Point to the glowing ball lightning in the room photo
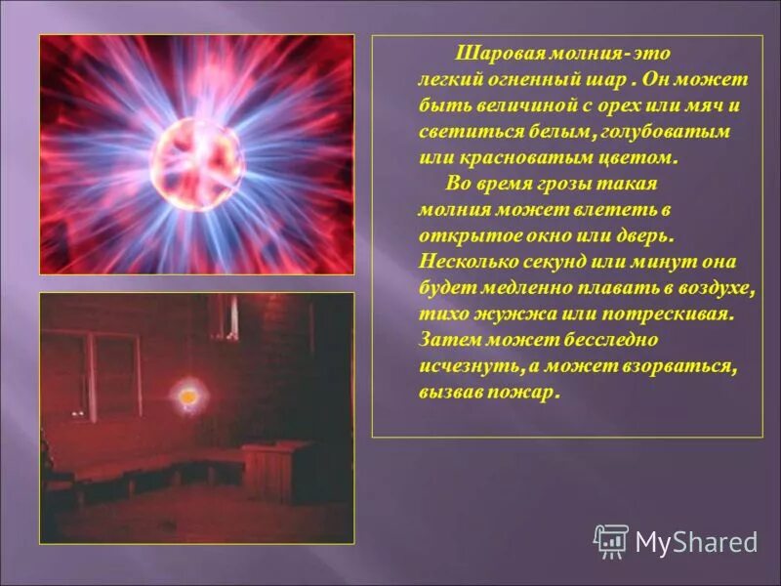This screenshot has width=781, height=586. (x=185, y=397)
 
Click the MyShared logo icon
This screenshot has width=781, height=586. (x=611, y=540)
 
